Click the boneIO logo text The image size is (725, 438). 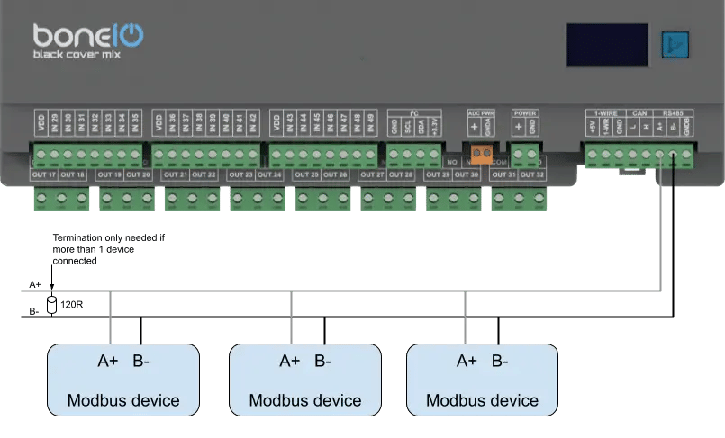pos(88,36)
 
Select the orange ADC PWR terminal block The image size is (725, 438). pos(481,153)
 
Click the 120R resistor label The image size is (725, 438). pos(72,305)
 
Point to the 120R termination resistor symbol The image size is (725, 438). pos(52,302)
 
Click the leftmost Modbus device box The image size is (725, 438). pos(123,380)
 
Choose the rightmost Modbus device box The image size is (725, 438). pos(482,380)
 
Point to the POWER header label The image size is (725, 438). pos(524,113)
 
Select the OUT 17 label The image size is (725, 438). pos(44,174)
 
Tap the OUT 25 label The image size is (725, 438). pos(307,174)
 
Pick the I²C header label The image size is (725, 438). pos(415,113)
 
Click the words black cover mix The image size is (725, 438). pos(77,56)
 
